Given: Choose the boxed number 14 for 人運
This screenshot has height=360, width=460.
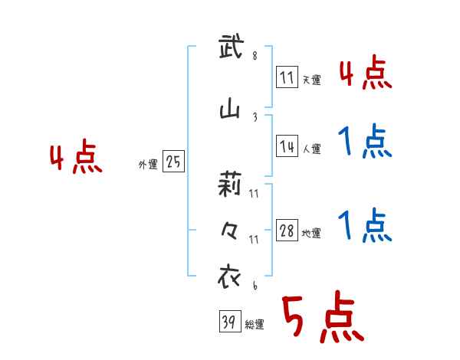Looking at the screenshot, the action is [x=287, y=147].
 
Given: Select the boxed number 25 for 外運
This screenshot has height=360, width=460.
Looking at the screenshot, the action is [x=173, y=162].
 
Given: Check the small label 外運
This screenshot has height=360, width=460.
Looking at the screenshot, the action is [x=147, y=165].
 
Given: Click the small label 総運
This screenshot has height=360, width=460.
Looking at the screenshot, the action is [x=255, y=325].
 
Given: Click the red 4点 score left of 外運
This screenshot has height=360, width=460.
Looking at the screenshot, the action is [x=75, y=159].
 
